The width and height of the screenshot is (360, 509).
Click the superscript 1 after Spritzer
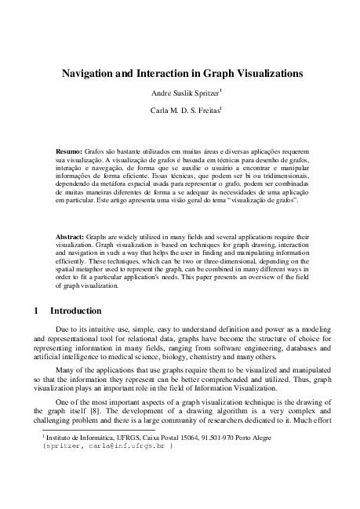tap(221, 90)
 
